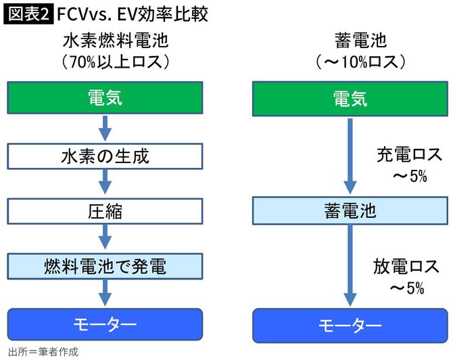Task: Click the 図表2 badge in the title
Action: (x=28, y=14)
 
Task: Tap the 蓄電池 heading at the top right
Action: (x=350, y=41)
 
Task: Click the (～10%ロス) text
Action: (x=350, y=62)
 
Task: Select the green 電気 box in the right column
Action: (x=350, y=99)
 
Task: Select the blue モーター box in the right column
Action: (x=350, y=325)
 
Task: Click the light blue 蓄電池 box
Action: (x=350, y=211)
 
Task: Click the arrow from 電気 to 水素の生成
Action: (x=105, y=128)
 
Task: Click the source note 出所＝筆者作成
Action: (x=43, y=352)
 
